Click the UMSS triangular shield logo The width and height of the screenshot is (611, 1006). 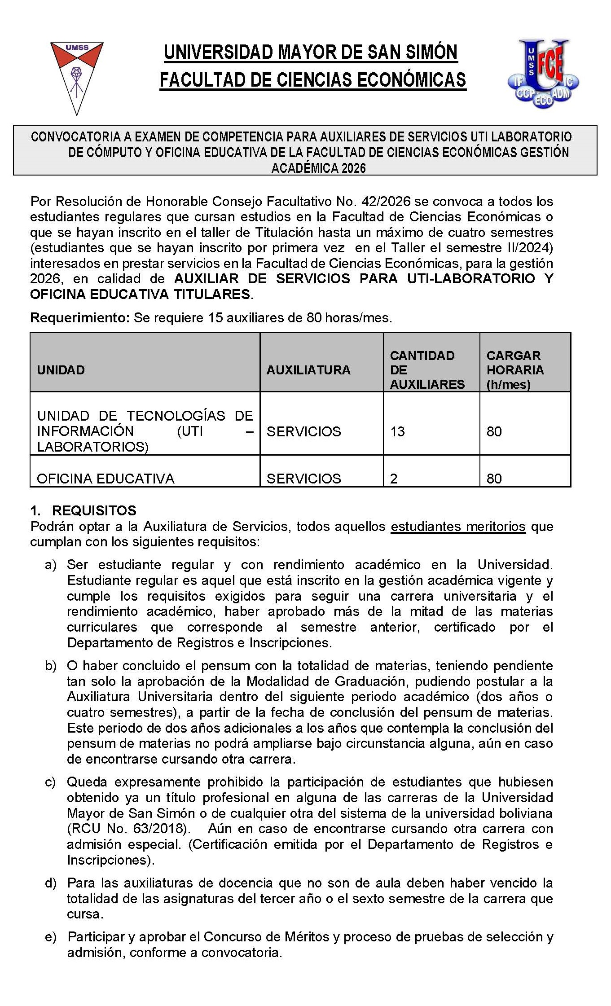click(77, 76)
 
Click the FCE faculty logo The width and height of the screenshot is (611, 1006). click(543, 74)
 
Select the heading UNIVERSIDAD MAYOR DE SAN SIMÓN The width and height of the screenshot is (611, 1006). click(310, 53)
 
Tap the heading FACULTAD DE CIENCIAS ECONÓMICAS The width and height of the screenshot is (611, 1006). click(313, 80)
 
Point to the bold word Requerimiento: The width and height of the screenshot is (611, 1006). click(80, 318)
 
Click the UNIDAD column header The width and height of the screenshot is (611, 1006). click(61, 370)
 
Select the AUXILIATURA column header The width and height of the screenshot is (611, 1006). click(308, 370)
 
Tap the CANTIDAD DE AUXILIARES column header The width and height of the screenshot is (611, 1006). click(427, 370)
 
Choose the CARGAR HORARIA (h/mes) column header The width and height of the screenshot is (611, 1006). click(515, 370)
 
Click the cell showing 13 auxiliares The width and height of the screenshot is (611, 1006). click(398, 431)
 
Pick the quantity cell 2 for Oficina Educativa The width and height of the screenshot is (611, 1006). click(394, 479)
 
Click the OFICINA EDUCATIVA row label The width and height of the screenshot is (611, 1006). click(105, 479)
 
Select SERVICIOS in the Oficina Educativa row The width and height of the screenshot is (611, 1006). click(304, 479)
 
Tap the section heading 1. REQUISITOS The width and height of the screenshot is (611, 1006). click(84, 510)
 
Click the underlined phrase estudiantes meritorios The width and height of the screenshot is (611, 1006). click(458, 526)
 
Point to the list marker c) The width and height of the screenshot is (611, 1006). click(50, 782)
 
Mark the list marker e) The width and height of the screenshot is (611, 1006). click(50, 937)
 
